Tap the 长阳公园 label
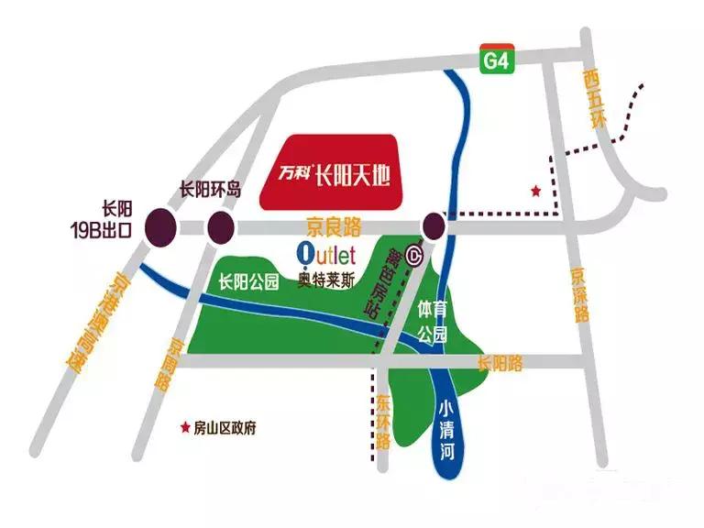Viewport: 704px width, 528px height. pyautogui.click(x=248, y=283)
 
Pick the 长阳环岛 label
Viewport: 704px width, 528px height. pyautogui.click(x=209, y=191)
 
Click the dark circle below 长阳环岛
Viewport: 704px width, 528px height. pyautogui.click(x=221, y=225)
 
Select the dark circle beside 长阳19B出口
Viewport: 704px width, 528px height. pyautogui.click(x=161, y=225)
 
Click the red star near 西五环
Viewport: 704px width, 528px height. pyautogui.click(x=535, y=191)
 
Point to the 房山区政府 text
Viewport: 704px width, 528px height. pyautogui.click(x=225, y=428)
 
